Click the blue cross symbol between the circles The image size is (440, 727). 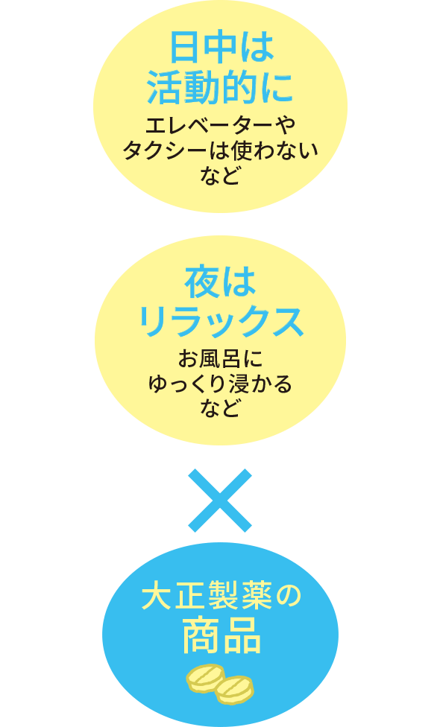pyautogui.click(x=220, y=501)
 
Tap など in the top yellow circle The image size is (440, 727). pyautogui.click(x=220, y=177)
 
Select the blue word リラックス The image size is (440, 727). pyautogui.click(x=221, y=321)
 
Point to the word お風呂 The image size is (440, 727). pyautogui.click(x=208, y=359)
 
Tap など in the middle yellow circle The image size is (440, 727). pyautogui.click(x=220, y=408)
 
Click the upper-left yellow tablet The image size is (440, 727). pyautogui.click(x=206, y=677)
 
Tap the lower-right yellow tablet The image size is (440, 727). pyautogui.click(x=234, y=690)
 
